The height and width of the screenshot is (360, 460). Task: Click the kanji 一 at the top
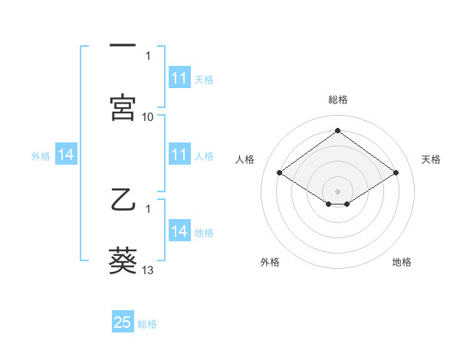(x=123, y=47)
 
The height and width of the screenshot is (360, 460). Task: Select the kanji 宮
(x=123, y=108)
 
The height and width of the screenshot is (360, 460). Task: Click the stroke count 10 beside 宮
(x=148, y=116)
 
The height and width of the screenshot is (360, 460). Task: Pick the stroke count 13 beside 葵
(x=148, y=270)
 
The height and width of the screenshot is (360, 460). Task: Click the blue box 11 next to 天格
(x=179, y=78)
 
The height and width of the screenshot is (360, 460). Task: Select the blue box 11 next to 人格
(x=179, y=155)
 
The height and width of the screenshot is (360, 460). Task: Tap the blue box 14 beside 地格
(x=179, y=231)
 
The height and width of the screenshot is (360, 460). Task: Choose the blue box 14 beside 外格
(x=66, y=155)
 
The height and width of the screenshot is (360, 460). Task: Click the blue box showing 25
(x=123, y=322)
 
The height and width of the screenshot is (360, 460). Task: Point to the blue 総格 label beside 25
(x=148, y=324)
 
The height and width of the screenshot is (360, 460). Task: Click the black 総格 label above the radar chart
(x=337, y=100)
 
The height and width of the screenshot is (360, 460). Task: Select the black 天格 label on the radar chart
(x=431, y=159)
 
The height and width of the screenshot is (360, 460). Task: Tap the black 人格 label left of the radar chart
(x=245, y=159)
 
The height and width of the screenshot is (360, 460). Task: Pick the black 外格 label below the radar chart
(x=270, y=263)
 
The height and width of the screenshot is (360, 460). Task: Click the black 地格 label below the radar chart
(x=402, y=263)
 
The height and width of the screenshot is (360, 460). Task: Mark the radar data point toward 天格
(x=396, y=173)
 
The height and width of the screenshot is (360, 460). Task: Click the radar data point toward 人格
(x=280, y=173)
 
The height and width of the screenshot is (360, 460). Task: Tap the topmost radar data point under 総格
(x=337, y=130)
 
